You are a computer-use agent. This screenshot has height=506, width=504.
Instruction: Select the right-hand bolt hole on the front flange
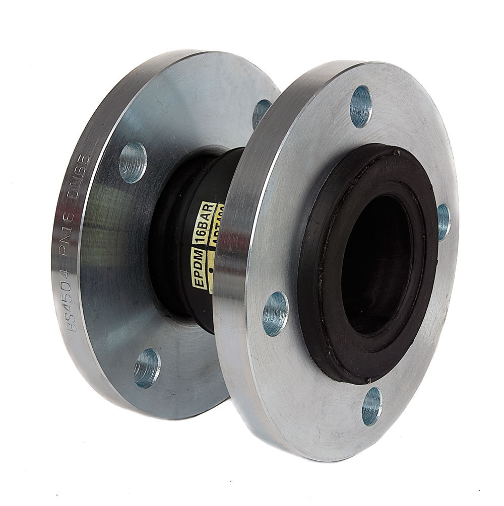pyautogui.click(x=443, y=222)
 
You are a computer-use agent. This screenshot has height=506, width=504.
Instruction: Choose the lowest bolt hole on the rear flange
pyautogui.click(x=147, y=368)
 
